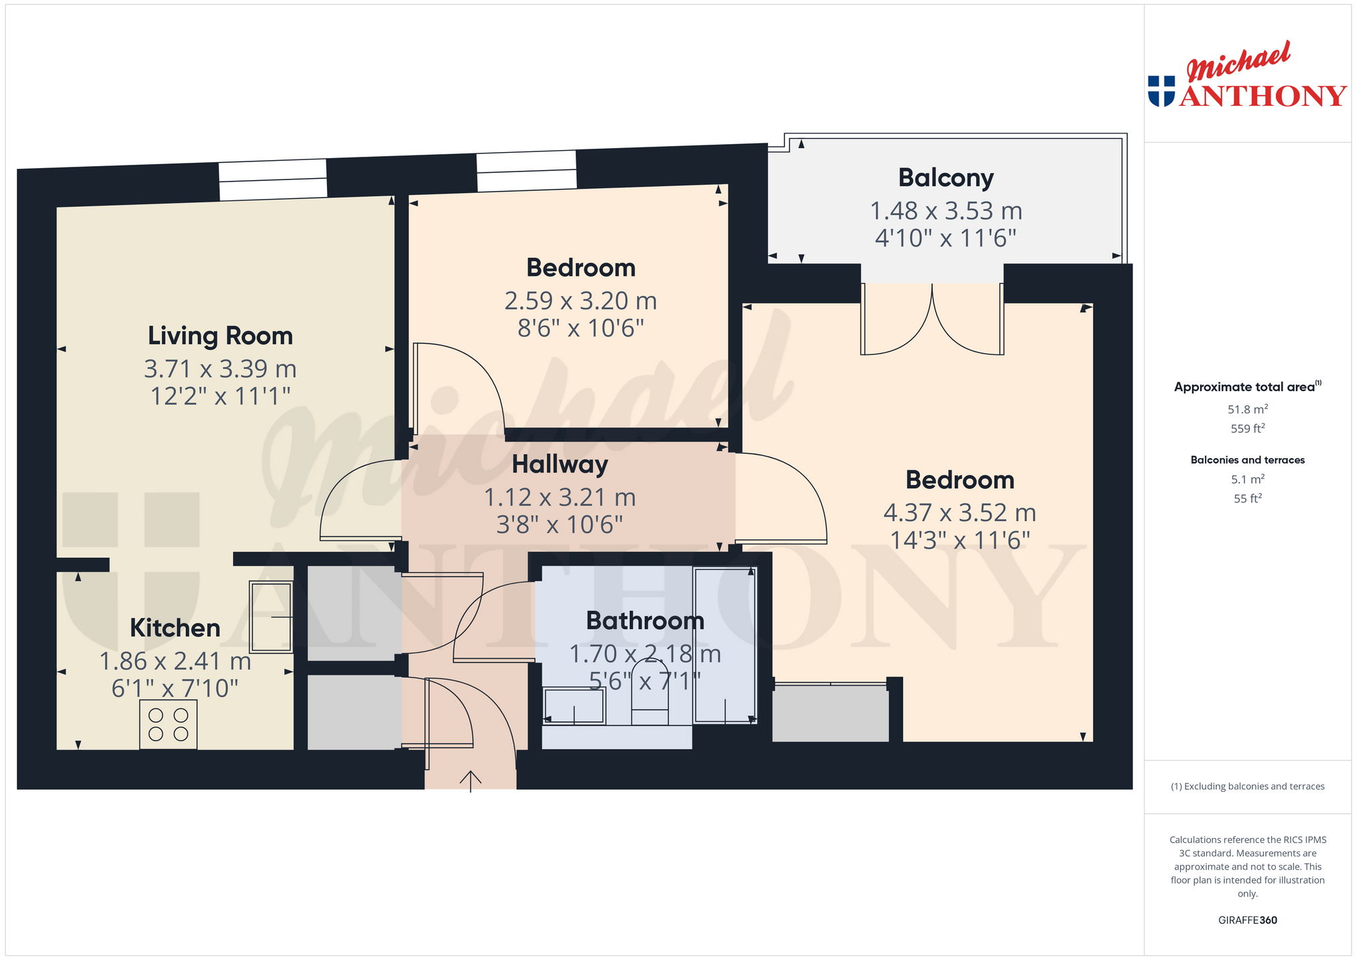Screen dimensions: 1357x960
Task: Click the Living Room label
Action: coord(220,336)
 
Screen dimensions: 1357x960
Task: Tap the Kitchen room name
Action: coord(175,628)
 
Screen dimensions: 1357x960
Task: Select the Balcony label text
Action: coord(946,178)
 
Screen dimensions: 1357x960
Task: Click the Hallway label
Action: coord(560,464)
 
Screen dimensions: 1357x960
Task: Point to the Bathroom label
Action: coord(645,620)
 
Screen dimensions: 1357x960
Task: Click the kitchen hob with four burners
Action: coord(168,724)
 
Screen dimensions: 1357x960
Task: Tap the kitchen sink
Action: coord(271,616)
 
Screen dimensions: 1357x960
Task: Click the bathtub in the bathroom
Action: coord(725,644)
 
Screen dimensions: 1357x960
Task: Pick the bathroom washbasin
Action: coord(574,705)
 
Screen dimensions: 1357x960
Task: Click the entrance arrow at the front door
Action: coord(470,781)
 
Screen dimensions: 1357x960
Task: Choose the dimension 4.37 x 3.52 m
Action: coord(960,512)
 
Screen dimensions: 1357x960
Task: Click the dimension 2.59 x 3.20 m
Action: coord(580,301)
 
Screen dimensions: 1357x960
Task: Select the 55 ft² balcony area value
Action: coord(1248,498)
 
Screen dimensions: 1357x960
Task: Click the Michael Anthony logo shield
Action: coord(1161,91)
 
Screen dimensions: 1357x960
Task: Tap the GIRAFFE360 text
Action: coord(1248,920)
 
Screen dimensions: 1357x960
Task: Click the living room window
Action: coord(273,180)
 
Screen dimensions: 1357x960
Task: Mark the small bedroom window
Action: coord(527,171)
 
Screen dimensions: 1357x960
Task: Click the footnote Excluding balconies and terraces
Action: coord(1248,786)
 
